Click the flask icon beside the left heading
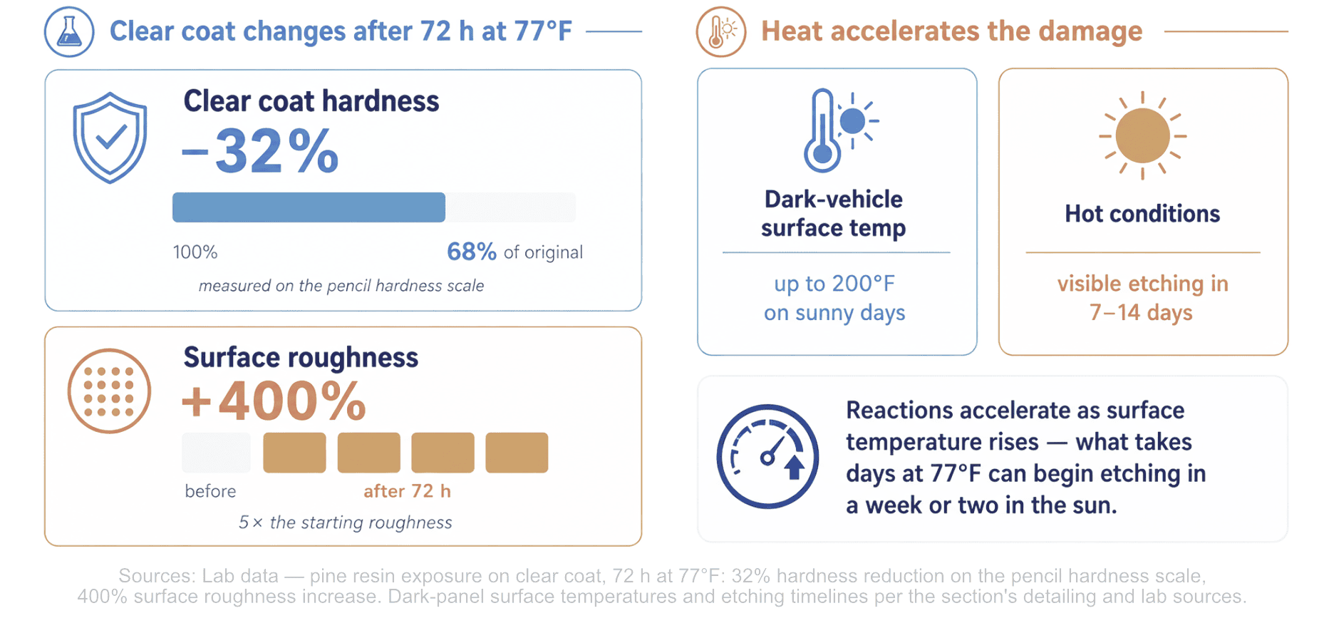(69, 31)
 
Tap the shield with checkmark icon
(110, 138)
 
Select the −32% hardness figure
(260, 151)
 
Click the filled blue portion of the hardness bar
(309, 207)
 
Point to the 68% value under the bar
(472, 252)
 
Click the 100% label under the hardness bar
(195, 252)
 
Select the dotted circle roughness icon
(109, 391)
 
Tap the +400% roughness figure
(274, 401)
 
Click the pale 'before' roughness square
(217, 453)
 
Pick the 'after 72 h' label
(407, 491)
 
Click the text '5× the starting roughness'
(345, 522)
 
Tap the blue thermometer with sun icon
(839, 130)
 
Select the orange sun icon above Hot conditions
(1142, 135)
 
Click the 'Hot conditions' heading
(1142, 214)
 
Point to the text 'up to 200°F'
(834, 284)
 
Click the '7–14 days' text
(1141, 312)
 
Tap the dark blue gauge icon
(767, 456)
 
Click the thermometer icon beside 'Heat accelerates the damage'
(721, 32)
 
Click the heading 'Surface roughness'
(301, 357)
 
